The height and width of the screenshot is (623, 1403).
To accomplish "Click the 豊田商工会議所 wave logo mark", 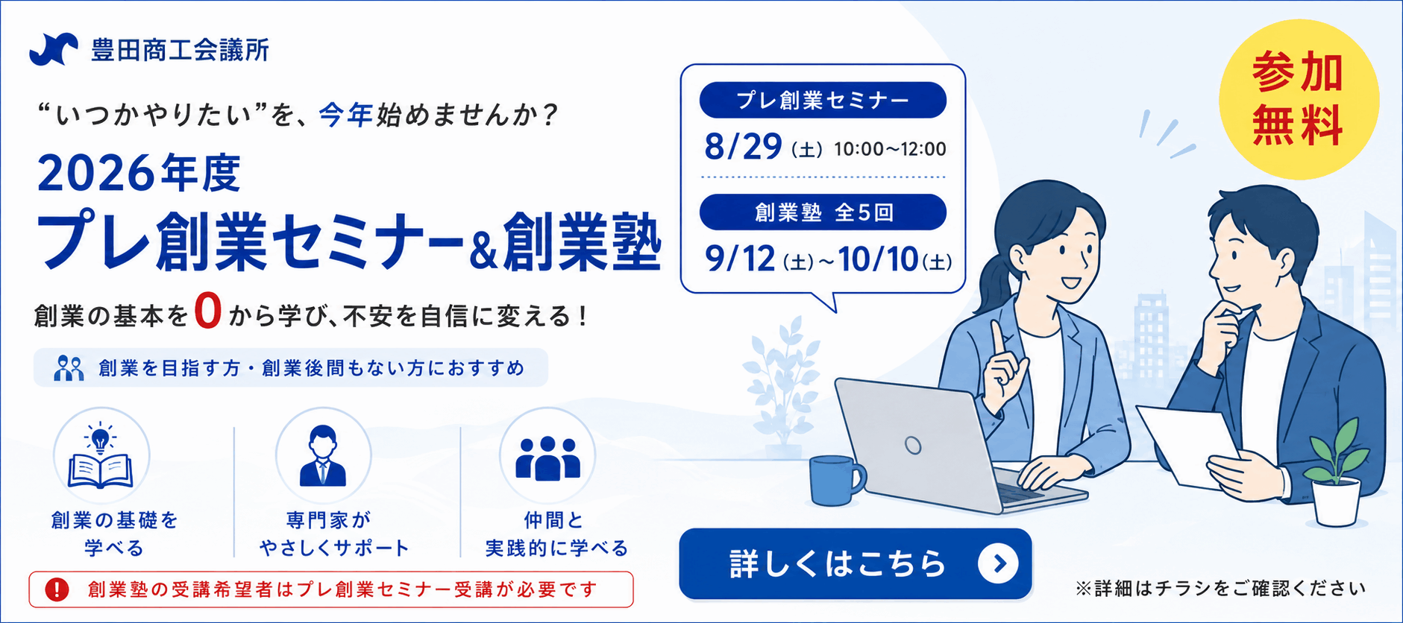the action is click(54, 50).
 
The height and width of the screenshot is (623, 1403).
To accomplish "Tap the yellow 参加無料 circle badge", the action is click(1299, 99).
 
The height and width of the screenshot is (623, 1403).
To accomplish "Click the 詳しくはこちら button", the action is click(855, 563).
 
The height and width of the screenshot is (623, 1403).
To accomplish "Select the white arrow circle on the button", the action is click(998, 564).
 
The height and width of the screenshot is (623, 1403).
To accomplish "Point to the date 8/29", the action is click(743, 147).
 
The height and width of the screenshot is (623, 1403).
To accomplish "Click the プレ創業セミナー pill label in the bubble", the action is click(823, 100).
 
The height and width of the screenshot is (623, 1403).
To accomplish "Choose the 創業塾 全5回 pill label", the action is click(823, 212).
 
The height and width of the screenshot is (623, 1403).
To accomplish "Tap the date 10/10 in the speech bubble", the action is click(878, 259).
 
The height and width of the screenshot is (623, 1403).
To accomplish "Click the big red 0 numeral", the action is click(208, 311).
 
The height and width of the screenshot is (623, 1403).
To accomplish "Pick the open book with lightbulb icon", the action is click(101, 455).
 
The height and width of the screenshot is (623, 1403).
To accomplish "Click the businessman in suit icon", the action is click(323, 455).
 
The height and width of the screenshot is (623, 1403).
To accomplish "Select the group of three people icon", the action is click(547, 457).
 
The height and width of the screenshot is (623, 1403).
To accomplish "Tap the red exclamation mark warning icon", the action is click(57, 589).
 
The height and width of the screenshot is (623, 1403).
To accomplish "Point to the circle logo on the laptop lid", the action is click(913, 446).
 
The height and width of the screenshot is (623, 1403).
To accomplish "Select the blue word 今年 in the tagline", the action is click(345, 115).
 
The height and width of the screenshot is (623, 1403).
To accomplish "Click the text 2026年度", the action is click(139, 174).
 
